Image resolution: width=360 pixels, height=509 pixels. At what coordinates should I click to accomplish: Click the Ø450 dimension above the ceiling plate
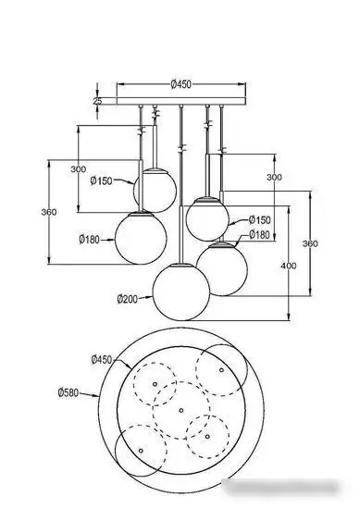[181, 84]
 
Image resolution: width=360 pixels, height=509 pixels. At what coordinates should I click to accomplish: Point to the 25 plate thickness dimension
[98, 100]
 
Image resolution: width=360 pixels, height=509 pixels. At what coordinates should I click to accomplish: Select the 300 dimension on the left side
[78, 170]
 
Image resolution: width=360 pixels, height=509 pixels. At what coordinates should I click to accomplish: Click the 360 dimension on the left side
[49, 212]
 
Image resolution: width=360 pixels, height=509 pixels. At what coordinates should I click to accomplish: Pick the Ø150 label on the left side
[102, 181]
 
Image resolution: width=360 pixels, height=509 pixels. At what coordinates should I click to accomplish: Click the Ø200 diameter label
[129, 299]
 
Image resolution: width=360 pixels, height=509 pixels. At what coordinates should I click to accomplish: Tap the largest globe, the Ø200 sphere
[180, 289]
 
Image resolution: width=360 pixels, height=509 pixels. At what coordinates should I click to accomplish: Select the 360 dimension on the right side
[311, 243]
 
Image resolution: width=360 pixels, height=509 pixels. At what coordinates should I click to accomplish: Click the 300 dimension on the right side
[275, 176]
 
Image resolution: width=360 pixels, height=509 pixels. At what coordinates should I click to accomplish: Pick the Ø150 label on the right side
[260, 220]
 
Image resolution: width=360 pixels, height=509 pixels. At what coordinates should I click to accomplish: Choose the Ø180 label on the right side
[260, 234]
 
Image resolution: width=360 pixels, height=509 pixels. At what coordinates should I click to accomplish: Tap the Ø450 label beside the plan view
[101, 359]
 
